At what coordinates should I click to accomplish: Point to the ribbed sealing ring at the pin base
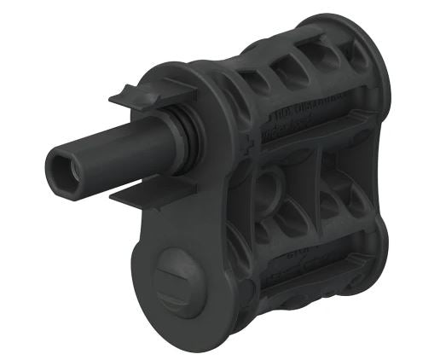[181, 136]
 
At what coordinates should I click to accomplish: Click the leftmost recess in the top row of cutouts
[256, 82]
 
